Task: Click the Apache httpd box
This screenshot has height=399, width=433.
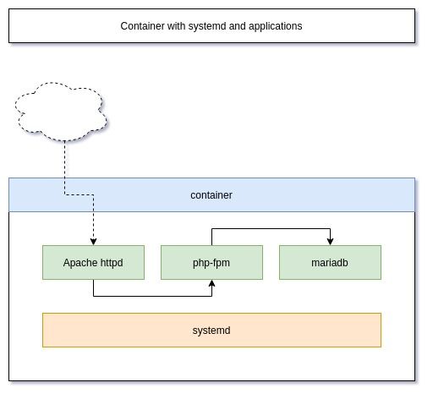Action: pos(93,262)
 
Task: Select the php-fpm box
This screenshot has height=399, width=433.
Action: pos(211,262)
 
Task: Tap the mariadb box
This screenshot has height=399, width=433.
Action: pos(330,262)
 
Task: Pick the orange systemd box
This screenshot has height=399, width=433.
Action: pos(211,330)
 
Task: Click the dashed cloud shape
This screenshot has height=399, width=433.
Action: pos(61,112)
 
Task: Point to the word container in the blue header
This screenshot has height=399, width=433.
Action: pos(211,195)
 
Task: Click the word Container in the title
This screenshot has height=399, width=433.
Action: pos(142,26)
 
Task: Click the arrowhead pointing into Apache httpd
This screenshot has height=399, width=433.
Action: pos(93,242)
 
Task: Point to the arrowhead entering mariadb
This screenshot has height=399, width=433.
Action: pos(330,242)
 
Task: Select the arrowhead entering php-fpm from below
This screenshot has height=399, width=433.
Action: pos(211,283)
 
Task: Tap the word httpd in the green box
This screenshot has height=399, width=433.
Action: pos(112,263)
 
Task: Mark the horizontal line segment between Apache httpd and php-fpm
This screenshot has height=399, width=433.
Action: pos(152,296)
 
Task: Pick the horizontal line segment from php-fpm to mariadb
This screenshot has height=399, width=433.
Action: pos(271,228)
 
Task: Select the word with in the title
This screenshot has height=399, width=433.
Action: pos(176,26)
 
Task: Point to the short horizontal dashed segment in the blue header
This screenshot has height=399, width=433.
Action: pos(79,194)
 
